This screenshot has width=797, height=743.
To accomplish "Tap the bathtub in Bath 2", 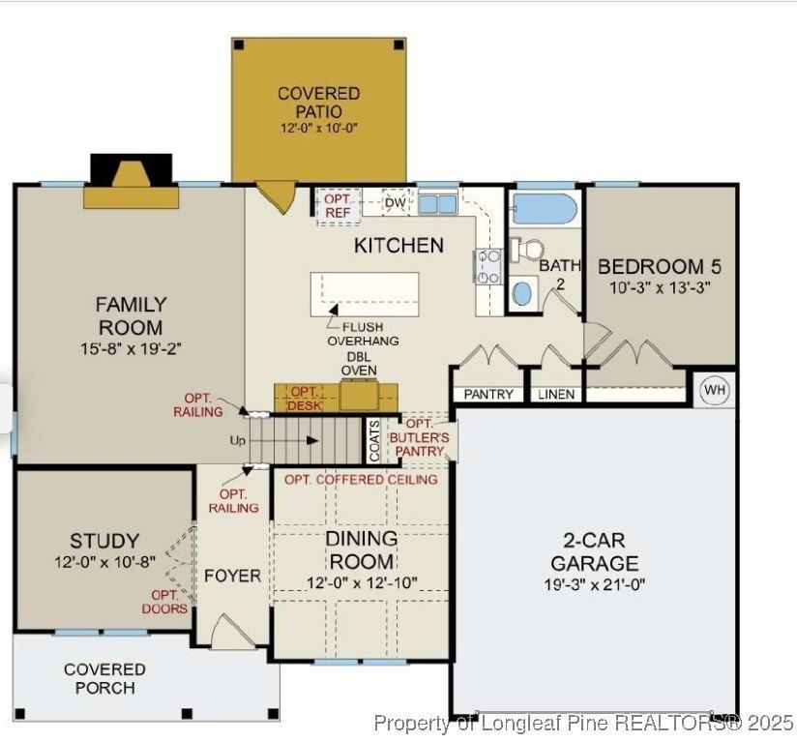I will click(x=544, y=208).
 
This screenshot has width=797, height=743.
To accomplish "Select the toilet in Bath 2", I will click(x=527, y=251).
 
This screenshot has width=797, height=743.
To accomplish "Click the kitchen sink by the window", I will click(x=438, y=204).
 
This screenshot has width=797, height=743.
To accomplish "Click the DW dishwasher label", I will click(x=395, y=202).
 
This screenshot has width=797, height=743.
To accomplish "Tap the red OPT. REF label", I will click(x=338, y=206).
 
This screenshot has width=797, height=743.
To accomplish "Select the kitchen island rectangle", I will click(x=365, y=294).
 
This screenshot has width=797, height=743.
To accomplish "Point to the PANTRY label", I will click(x=488, y=395).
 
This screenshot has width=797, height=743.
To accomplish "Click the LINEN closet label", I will click(x=556, y=395).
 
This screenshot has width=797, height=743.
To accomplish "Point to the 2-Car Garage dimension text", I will click(x=595, y=584).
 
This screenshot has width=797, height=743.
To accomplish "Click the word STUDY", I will click(x=103, y=541).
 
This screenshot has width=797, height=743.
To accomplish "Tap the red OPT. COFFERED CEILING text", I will click(x=361, y=480).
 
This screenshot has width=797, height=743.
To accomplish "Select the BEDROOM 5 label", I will click(x=660, y=266).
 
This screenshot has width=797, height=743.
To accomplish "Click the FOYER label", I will click(x=232, y=576).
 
